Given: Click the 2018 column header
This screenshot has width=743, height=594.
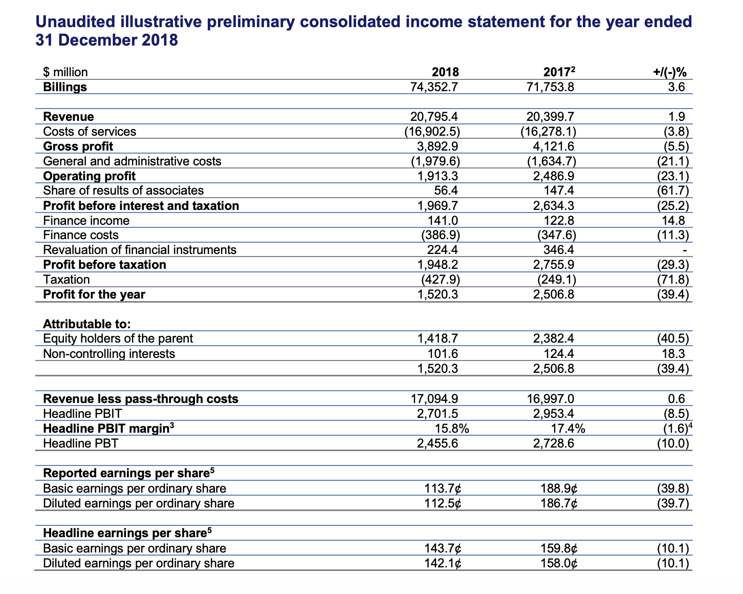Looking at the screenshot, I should click(445, 72).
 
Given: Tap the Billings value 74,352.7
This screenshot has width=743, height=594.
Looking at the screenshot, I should click(434, 87).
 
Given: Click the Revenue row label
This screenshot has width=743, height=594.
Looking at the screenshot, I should click(69, 117).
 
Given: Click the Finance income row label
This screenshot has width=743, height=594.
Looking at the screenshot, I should click(86, 221).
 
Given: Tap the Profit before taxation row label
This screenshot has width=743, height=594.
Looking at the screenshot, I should click(104, 265).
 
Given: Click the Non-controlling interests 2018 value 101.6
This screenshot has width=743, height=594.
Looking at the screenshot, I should click(443, 354).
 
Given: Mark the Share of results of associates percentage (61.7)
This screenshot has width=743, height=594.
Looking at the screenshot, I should click(673, 191).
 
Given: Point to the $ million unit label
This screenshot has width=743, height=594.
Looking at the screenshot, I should click(65, 72).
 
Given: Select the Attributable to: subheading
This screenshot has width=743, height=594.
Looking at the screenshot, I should click(86, 324).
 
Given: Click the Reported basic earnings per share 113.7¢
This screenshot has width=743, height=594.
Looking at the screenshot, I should click(443, 489).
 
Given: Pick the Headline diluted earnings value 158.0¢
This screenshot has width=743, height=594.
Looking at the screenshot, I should click(559, 563).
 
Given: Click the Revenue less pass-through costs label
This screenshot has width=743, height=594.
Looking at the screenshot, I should click(141, 399).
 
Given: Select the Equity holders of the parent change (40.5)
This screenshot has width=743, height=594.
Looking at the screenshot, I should click(673, 339).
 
